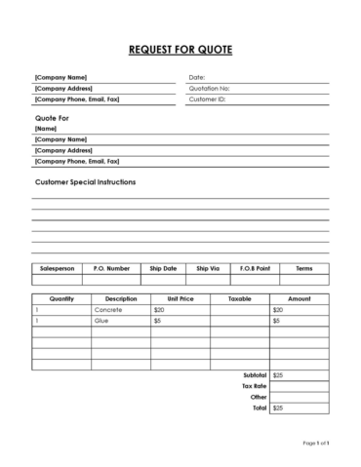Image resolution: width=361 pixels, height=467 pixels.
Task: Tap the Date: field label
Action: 196,77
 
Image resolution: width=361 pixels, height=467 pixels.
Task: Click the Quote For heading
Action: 52,117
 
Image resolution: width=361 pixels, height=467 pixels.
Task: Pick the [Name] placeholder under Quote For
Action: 45,128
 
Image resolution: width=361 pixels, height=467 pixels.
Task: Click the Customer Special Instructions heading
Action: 85,182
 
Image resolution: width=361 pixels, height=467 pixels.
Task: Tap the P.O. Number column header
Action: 111,267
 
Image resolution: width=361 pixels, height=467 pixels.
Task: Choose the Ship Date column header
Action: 163,267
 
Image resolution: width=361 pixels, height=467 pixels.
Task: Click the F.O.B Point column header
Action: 254,267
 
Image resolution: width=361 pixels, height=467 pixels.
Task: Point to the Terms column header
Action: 304,267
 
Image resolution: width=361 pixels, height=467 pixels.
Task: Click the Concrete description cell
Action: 109,309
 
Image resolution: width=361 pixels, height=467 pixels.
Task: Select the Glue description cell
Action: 102,320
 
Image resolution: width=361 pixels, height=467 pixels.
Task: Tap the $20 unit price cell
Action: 159,309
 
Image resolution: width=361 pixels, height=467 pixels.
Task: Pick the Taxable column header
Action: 240,298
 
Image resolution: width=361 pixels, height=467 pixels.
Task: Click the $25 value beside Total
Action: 278,409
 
